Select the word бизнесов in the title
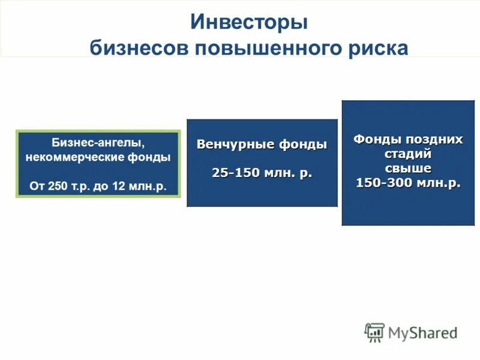pyautogui.click(x=138, y=47)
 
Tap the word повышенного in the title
pyautogui.click(x=264, y=47)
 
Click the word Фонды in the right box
pyautogui.click(x=374, y=139)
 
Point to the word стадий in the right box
pyautogui.click(x=408, y=154)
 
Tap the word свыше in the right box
pyautogui.click(x=408, y=169)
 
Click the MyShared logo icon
pyautogui.click(x=374, y=332)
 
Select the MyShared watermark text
pyautogui.click(x=422, y=332)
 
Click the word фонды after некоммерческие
pyautogui.click(x=153, y=158)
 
